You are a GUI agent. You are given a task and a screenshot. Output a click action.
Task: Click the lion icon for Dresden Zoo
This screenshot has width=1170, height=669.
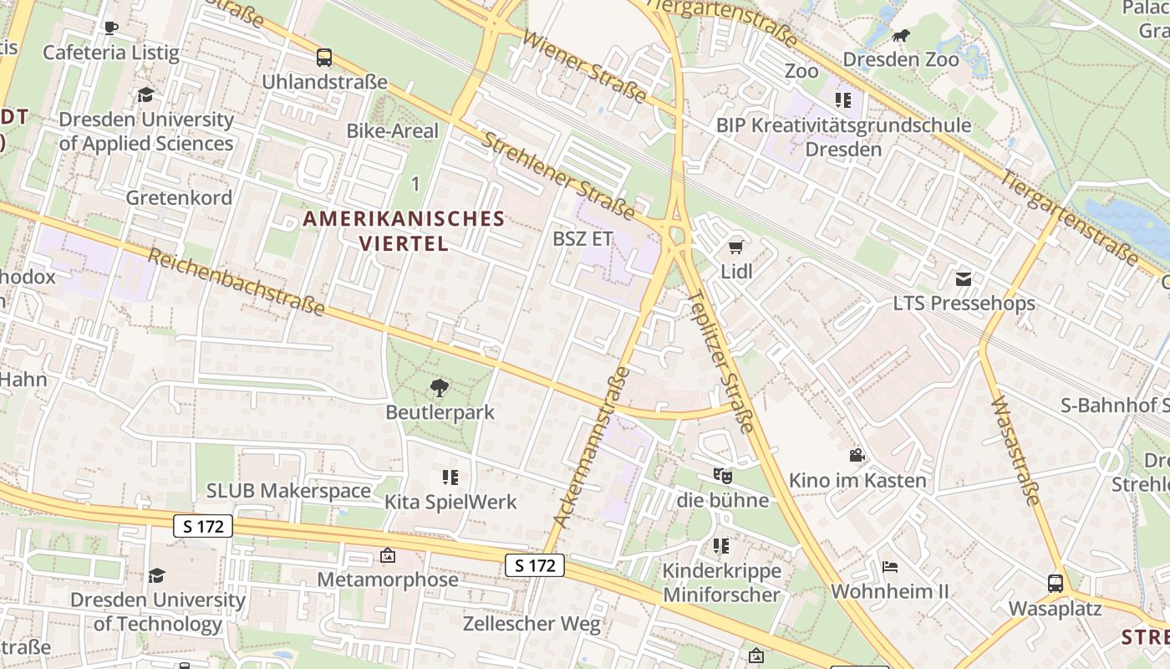click(x=900, y=36)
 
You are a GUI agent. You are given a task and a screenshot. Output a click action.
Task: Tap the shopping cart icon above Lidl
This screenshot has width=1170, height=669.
click(x=736, y=247)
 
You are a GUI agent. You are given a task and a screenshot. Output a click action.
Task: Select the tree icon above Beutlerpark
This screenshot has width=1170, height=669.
click(x=440, y=387)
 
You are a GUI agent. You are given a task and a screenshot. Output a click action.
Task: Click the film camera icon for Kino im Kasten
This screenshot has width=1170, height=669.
click(x=857, y=456)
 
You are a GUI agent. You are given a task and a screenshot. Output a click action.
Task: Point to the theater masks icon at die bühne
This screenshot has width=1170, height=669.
click(x=723, y=476)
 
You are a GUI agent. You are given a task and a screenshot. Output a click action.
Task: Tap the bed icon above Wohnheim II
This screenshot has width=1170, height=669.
click(x=890, y=567)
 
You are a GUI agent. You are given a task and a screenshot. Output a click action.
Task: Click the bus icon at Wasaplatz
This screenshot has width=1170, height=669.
click(x=1056, y=584)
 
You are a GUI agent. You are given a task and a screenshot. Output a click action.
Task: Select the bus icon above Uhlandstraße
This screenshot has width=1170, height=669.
click(x=324, y=58)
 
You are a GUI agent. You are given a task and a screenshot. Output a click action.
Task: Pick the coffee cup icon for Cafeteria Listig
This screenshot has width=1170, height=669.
click(x=110, y=28)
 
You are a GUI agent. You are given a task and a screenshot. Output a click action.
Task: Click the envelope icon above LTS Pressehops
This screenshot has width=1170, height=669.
click(x=964, y=278)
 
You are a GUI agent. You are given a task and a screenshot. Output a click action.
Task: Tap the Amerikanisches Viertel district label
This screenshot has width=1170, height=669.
click(x=404, y=231)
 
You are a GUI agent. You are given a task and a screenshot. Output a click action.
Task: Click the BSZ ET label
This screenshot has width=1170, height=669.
click(x=582, y=238)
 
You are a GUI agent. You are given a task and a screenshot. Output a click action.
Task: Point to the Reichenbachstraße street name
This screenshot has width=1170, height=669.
click(x=237, y=281)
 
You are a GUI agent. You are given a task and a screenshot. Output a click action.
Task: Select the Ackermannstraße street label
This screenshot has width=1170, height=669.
click(x=591, y=447)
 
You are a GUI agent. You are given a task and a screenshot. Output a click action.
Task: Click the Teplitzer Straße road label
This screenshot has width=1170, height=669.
click(x=720, y=361)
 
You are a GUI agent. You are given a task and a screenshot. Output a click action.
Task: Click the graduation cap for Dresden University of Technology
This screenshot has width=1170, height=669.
click(x=156, y=575)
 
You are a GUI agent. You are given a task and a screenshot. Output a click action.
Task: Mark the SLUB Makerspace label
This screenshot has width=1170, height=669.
click(x=288, y=490)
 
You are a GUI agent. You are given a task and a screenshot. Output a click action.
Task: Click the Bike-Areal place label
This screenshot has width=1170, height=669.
click(x=392, y=130)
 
